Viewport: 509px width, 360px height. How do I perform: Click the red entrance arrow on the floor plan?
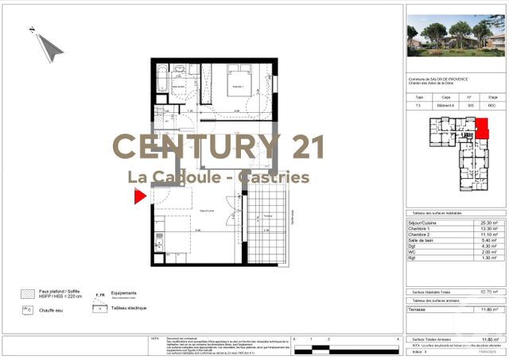(140, 196)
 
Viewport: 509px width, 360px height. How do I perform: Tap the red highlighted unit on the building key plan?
(482, 127)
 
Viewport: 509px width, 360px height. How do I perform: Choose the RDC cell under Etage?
(492, 105)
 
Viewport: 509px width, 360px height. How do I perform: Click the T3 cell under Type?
(419, 105)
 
